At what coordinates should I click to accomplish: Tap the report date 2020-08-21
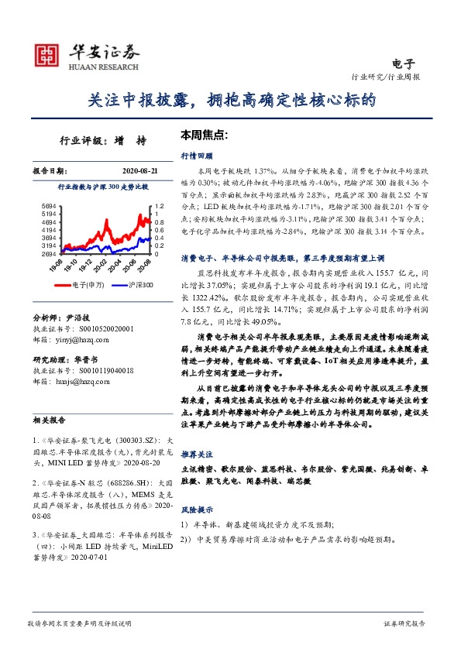[x=140, y=170]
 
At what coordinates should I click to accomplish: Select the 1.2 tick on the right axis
[x=160, y=205]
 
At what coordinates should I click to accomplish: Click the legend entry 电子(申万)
[x=81, y=286]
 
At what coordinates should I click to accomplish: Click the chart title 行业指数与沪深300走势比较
[x=103, y=187]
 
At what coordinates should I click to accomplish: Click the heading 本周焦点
[x=203, y=134]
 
